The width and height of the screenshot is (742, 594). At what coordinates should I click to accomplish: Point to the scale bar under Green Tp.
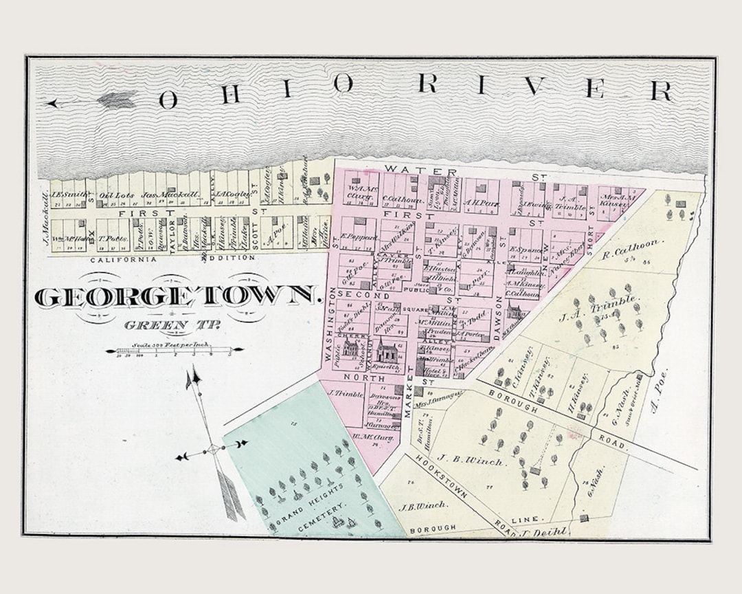tap(175, 350)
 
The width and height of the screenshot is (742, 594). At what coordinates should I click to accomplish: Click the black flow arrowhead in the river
tap(52, 104)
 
